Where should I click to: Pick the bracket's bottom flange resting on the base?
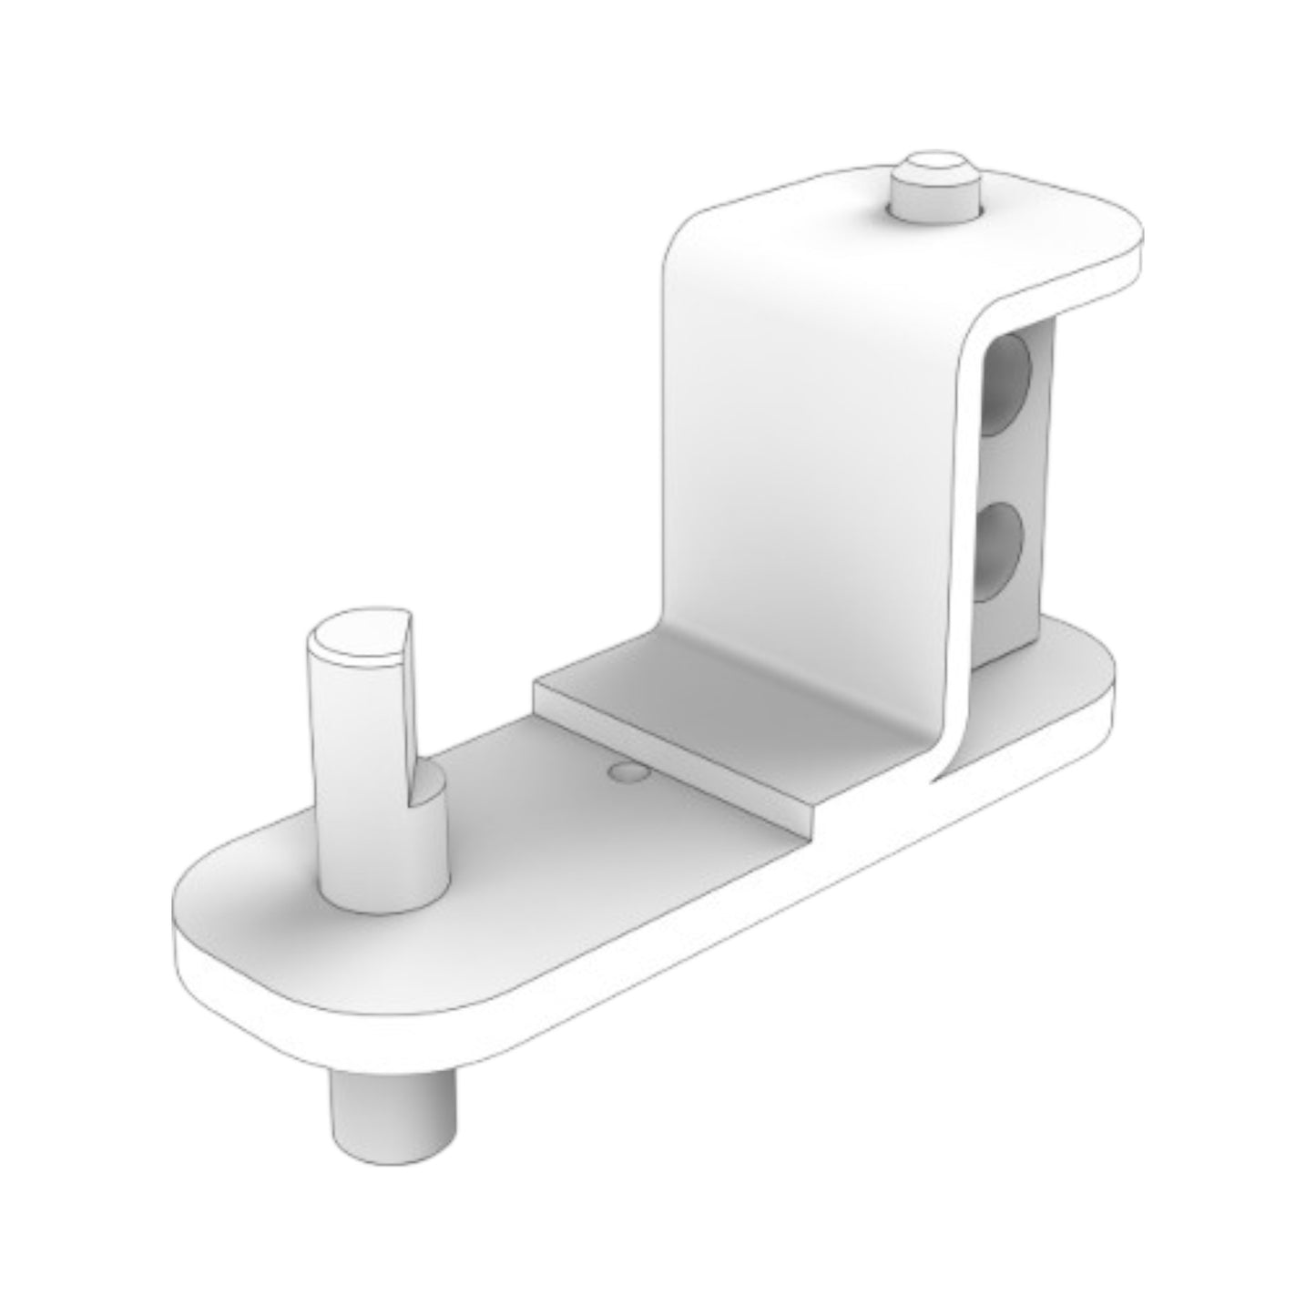click(729, 719)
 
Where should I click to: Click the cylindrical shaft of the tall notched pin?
click(364, 756)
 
